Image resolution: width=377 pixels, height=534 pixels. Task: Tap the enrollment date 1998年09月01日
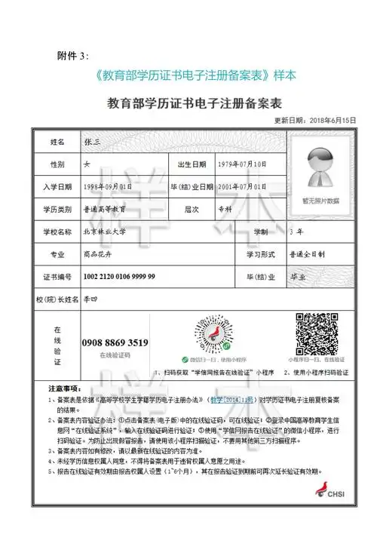97,186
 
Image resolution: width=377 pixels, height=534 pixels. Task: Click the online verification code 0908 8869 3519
115,342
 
